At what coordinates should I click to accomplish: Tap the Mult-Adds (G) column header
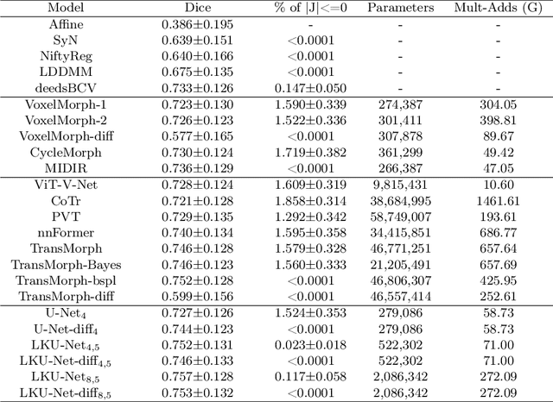[498, 9]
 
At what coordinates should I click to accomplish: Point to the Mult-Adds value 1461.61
[498, 200]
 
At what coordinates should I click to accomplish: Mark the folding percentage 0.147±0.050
[297, 86]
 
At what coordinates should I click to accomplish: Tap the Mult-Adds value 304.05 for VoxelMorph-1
[498, 104]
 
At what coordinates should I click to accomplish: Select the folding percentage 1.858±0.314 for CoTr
[297, 200]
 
